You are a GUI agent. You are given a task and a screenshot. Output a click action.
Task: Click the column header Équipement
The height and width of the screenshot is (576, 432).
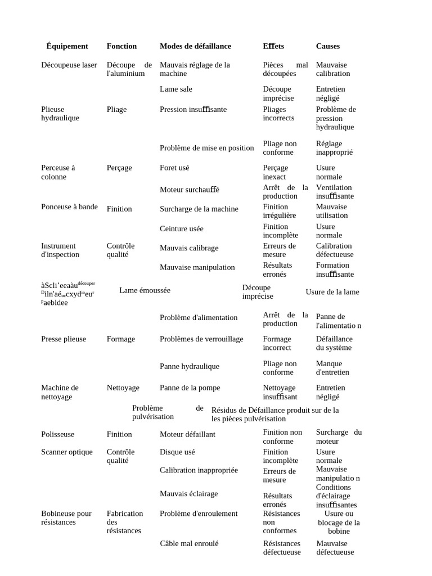[x=67, y=46]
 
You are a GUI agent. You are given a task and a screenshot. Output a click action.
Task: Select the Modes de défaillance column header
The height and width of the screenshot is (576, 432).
[x=195, y=46]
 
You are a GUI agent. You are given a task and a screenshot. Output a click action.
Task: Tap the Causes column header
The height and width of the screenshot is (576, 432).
[x=327, y=46]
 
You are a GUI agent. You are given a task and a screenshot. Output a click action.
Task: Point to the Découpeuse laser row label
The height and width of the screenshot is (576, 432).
[x=69, y=65]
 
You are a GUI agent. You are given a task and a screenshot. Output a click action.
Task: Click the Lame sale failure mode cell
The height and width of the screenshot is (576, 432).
[x=175, y=89]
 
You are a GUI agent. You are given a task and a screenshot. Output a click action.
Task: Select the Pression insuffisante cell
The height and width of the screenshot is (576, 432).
[x=193, y=109]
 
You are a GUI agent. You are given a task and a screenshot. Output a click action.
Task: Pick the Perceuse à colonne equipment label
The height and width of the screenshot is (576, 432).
[x=57, y=172]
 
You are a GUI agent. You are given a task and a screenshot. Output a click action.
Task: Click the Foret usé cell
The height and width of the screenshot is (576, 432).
[x=174, y=168]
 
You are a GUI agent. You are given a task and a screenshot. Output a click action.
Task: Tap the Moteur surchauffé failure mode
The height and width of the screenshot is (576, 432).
[x=189, y=190]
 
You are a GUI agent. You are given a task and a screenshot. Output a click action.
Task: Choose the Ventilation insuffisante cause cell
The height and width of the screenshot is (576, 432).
[x=335, y=192]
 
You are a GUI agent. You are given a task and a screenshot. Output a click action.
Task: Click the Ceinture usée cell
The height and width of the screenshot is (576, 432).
[x=181, y=228]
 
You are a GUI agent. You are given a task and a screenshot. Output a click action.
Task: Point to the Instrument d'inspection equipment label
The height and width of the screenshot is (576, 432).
[x=60, y=250]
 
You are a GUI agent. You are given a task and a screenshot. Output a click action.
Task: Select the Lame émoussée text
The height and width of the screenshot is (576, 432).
[x=145, y=290]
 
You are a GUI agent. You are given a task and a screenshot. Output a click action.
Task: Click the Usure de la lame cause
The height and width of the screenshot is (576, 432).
[x=332, y=292]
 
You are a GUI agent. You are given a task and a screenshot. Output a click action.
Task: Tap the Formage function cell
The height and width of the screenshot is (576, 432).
[x=120, y=339]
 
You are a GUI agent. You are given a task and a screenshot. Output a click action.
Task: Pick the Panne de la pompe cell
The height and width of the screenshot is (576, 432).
[x=190, y=388]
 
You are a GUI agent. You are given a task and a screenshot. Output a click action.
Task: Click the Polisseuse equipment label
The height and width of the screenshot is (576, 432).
[x=57, y=434]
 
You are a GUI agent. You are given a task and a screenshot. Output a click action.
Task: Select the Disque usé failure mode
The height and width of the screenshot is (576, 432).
[x=177, y=452]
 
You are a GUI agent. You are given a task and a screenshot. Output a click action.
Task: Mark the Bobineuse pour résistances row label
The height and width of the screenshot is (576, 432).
[x=66, y=517]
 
